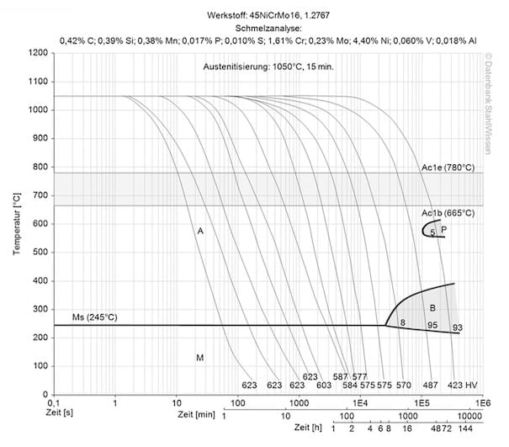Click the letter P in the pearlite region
coord(443,229)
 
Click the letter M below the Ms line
coord(200,358)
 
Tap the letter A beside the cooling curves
coord(200,230)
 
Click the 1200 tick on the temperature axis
coord(36,52)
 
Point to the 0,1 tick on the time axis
coord(53,404)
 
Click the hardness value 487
coord(430,385)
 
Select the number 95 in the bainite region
coord(432,324)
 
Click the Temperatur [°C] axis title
coord(16,223)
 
